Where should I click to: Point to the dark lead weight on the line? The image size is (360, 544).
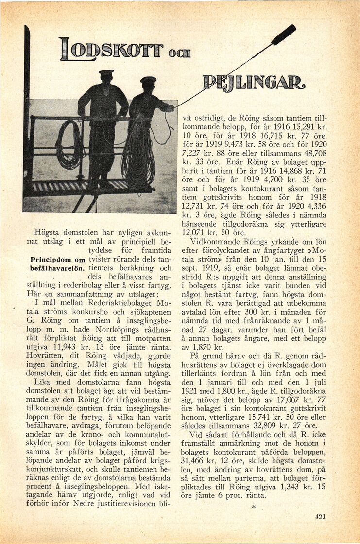[x=284, y=35]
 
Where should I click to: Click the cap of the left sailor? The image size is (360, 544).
[x=105, y=74]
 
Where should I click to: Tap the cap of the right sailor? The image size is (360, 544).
[x=148, y=80]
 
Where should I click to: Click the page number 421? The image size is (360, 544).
[x=320, y=516]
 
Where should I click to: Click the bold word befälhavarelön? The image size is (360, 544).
[x=58, y=269]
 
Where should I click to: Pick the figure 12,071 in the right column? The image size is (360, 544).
[x=195, y=233]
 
